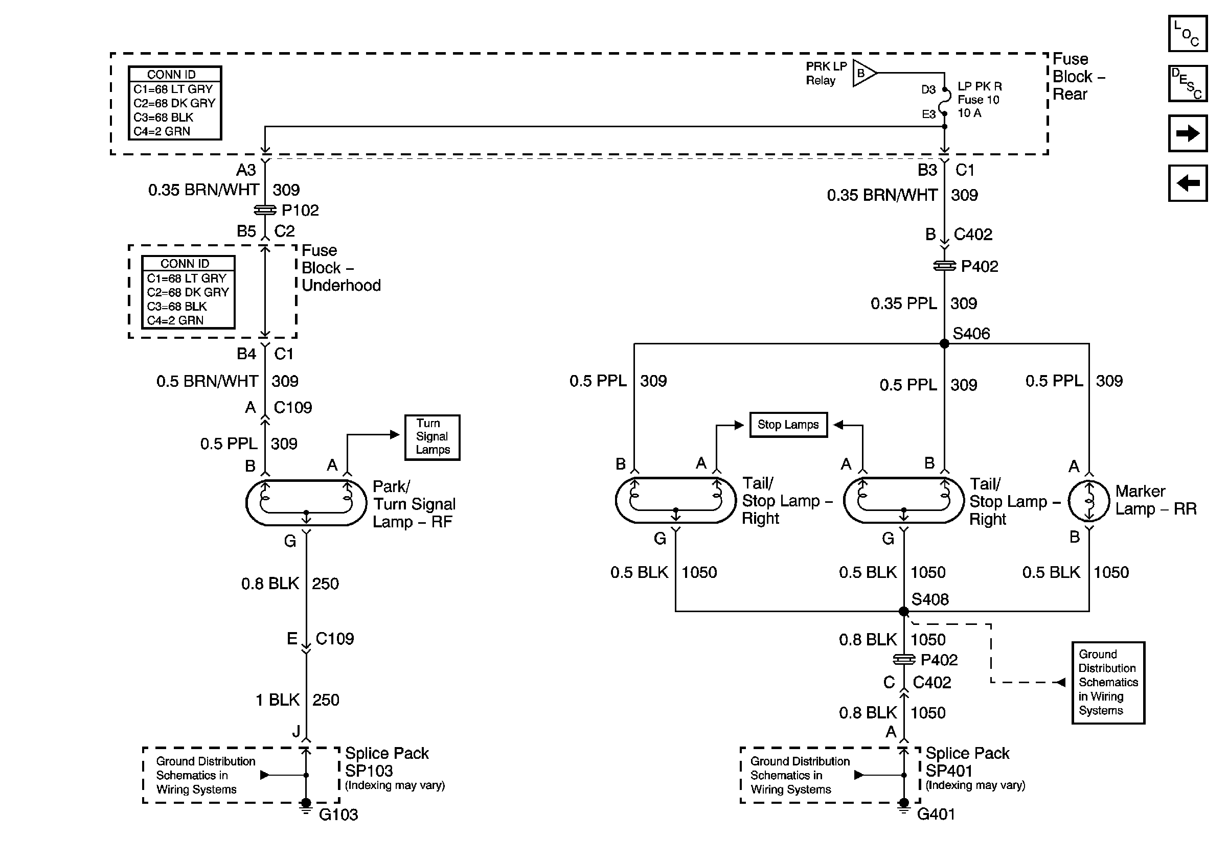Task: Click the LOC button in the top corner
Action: (1187, 34)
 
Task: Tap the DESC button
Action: (1187, 83)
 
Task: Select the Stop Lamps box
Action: (788, 425)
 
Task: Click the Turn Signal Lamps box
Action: (432, 437)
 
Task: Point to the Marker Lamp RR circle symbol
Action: (1089, 501)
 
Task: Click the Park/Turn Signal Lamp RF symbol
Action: (306, 502)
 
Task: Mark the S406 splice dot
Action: (945, 344)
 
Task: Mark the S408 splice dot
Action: (904, 612)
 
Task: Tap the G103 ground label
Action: (338, 815)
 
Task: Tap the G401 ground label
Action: (936, 814)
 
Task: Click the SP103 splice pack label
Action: (369, 771)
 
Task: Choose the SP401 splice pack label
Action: (949, 771)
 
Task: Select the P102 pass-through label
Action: (300, 210)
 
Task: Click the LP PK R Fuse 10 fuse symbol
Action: (945, 101)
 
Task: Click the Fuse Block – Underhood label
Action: (341, 268)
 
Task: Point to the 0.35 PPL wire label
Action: (904, 304)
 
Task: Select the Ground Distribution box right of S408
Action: (1108, 683)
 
